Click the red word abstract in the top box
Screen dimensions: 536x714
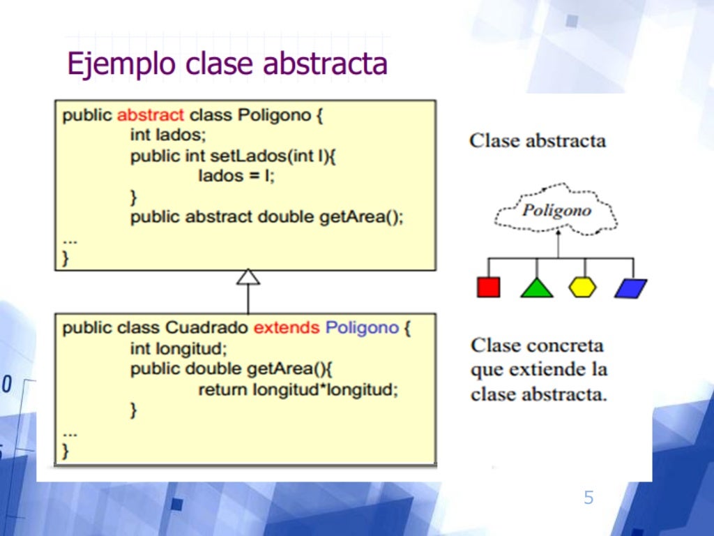click(151, 115)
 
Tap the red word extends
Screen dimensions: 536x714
click(287, 328)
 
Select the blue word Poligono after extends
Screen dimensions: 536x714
click(362, 328)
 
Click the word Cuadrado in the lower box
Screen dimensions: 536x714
click(206, 328)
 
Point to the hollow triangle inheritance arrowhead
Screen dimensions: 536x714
click(248, 277)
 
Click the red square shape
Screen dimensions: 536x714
click(488, 287)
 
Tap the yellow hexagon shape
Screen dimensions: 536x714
click(582, 287)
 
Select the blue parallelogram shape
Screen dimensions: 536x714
click(631, 288)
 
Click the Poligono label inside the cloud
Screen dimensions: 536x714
click(556, 210)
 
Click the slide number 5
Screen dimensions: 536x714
click(588, 498)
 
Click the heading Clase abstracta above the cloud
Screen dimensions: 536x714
click(538, 140)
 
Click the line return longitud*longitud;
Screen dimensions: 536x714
click(298, 389)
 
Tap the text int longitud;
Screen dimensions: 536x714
click(178, 348)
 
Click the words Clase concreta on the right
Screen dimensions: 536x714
click(537, 345)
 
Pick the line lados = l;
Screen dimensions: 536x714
click(236, 176)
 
